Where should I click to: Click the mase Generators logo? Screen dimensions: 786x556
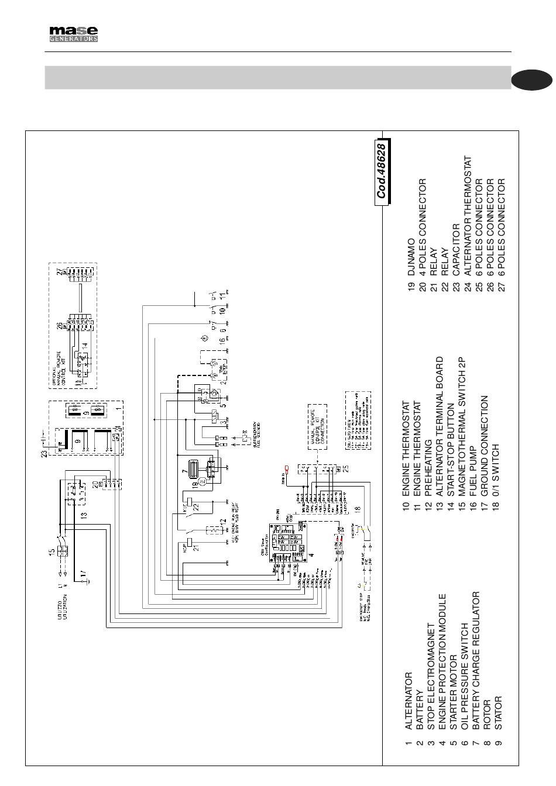[x=73, y=34]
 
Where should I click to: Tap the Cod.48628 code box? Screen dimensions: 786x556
[x=382, y=171]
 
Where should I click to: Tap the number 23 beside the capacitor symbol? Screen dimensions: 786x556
[x=44, y=453]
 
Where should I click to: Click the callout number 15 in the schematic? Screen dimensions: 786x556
[x=52, y=551]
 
